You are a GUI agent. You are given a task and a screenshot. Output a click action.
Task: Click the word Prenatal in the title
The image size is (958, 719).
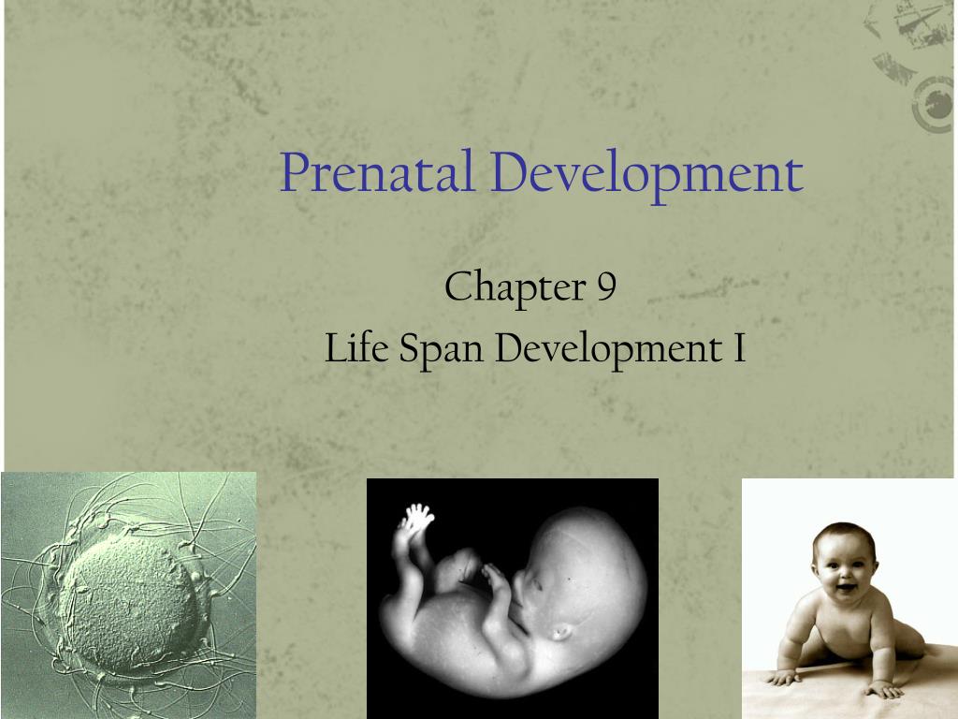tap(376, 173)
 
